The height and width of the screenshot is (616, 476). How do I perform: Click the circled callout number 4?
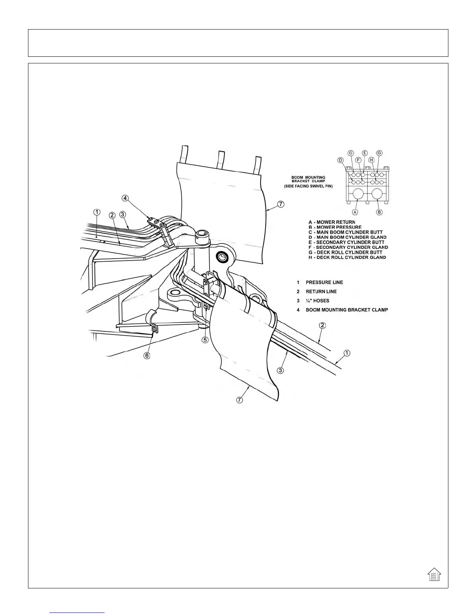pos(125,198)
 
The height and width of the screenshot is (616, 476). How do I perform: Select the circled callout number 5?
pos(205,339)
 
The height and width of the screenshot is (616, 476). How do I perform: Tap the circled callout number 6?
pos(147,355)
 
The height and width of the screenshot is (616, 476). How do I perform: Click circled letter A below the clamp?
pos(355,212)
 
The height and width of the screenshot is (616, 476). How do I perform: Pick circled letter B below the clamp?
pos(380,212)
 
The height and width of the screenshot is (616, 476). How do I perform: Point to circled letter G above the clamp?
pos(379,153)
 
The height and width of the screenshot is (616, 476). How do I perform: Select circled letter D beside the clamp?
pos(340,160)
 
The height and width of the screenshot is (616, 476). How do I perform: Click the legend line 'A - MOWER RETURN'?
pos(332,222)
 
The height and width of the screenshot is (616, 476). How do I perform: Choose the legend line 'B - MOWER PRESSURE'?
pos(335,227)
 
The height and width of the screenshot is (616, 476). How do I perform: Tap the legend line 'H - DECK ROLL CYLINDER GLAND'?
pos(347,257)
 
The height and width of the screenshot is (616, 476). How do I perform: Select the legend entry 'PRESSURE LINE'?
pos(324,282)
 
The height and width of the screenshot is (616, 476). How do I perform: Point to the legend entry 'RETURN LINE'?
pos(321,292)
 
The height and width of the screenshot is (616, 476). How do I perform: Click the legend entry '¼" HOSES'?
pos(317,301)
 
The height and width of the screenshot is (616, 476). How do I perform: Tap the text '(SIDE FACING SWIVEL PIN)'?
pos(308,186)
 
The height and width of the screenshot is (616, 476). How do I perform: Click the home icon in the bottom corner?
pos(434,574)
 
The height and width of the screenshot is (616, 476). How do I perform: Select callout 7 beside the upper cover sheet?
pos(281,204)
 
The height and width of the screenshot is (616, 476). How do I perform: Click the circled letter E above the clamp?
pos(364,153)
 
